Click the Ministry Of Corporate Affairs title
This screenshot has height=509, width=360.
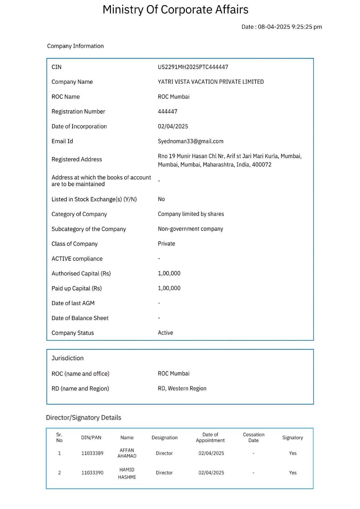point(175,10)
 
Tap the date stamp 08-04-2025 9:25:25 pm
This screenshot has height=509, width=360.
point(281,27)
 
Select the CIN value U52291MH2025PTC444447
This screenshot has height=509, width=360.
point(193,67)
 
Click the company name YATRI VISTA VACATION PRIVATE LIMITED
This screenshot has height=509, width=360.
point(211,82)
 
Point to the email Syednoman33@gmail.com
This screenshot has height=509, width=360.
point(190,141)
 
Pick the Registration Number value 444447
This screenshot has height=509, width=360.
point(167,112)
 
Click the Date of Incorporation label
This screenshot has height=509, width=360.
point(79,127)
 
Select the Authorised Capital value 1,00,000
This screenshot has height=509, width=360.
point(169,274)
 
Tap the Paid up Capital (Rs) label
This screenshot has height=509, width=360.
point(77,289)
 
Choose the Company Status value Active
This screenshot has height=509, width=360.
point(166,333)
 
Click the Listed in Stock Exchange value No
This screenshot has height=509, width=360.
point(161,199)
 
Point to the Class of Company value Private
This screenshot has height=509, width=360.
point(166,244)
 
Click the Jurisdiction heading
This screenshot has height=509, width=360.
point(67,358)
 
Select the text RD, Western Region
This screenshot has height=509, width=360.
point(182,388)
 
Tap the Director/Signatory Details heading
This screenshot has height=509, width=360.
point(83,418)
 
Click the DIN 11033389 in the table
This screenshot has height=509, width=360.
point(92,453)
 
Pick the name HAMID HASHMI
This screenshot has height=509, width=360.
point(127,473)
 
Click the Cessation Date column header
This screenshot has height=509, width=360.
point(253,437)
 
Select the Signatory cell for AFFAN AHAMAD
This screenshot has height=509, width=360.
point(293,453)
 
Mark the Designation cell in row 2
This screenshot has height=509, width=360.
point(164,473)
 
